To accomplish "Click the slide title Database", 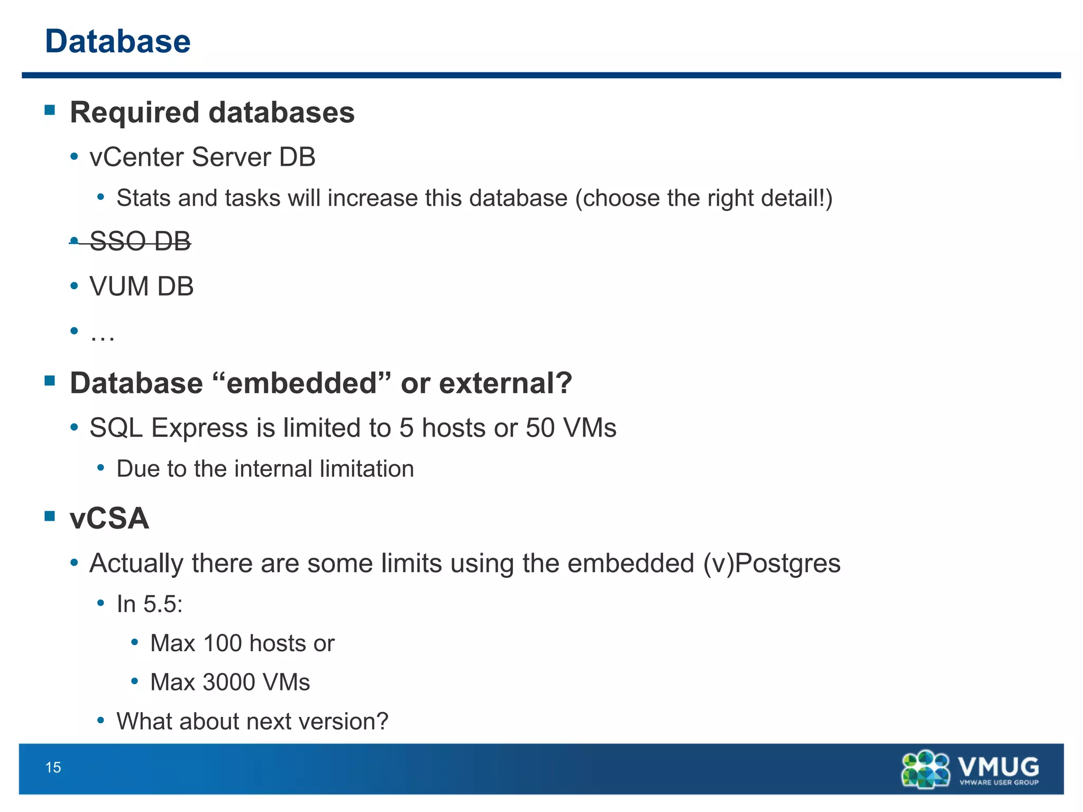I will (117, 41).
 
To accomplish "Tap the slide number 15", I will (53, 768).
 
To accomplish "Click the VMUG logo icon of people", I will (925, 770).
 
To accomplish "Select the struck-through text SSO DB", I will (140, 242).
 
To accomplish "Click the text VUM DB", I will (141, 287).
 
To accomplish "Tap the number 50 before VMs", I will (540, 428).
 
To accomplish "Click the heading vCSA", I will (109, 518).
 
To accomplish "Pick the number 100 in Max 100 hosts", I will (222, 643).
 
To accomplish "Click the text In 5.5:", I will (150, 604).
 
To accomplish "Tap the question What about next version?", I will (252, 722).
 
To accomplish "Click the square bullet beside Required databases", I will (50, 110).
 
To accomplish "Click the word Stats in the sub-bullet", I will (143, 198).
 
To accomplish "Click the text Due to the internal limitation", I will (265, 469).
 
